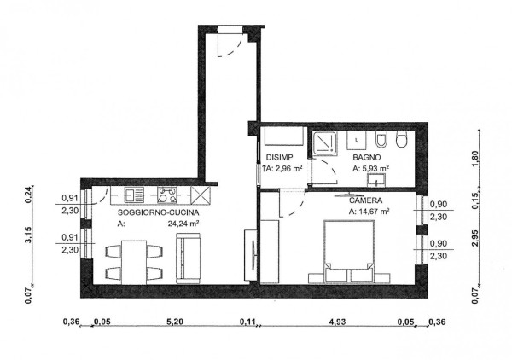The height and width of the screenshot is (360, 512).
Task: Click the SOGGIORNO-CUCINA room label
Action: pyautogui.click(x=158, y=212)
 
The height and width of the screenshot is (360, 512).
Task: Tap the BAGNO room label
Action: pyautogui.click(x=367, y=157)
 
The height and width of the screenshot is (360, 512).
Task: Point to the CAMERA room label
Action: pyautogui.click(x=365, y=200)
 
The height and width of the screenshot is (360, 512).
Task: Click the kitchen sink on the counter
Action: pyautogui.click(x=134, y=195)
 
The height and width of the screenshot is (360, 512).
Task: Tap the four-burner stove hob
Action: pyautogui.click(x=167, y=195)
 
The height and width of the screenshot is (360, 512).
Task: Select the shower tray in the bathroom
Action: pyautogui.click(x=324, y=143)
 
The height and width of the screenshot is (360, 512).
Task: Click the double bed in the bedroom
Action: pyautogui.click(x=349, y=250)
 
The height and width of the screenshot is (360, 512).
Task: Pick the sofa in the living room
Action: pyautogui.click(x=188, y=258)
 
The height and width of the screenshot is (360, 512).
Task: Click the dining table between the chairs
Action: pyautogui.click(x=134, y=263)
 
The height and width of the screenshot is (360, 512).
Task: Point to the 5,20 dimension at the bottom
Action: pyautogui.click(x=175, y=322)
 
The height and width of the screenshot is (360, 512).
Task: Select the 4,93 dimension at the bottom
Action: pyautogui.click(x=337, y=322)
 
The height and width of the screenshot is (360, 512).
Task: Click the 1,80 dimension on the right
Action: pyautogui.click(x=475, y=159)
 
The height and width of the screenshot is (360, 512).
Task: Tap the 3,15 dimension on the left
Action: pyautogui.click(x=29, y=235)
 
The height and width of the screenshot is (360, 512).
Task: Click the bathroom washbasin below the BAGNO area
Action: pyautogui.click(x=376, y=180)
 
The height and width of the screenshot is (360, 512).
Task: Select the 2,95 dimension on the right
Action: pyautogui.click(x=475, y=238)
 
